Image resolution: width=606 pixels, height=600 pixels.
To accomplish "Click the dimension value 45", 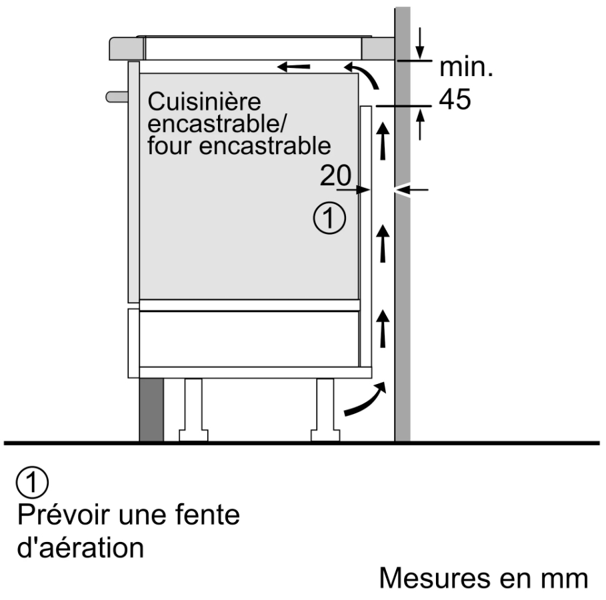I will point(455,99).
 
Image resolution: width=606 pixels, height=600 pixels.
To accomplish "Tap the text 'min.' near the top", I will point(466,67).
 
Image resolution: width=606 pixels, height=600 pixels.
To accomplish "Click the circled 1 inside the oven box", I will point(329,219).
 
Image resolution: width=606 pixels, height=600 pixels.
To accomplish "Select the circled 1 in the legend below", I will point(32,482).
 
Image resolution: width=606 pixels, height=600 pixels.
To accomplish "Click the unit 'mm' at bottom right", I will point(565,578).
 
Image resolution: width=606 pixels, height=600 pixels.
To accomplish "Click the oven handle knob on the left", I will point(116,97).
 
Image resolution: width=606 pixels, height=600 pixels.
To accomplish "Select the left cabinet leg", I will point(192,409).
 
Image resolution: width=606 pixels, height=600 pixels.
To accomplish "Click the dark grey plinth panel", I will point(151,409).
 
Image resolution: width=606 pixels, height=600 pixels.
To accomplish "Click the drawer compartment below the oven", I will point(249,338).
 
